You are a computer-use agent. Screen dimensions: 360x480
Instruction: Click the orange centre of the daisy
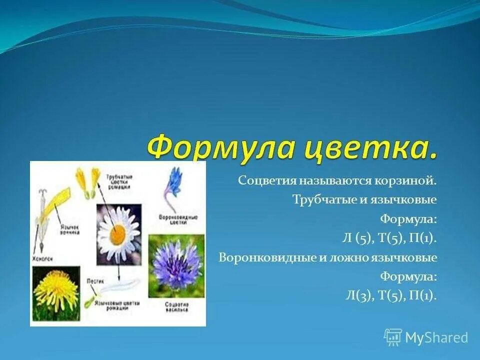click(x=118, y=234)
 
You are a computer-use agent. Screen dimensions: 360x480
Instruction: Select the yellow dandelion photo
click(x=55, y=290)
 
